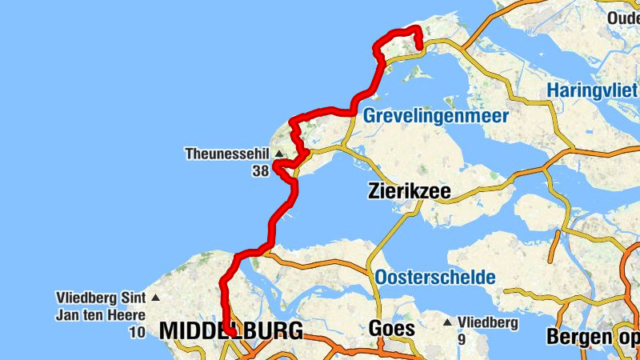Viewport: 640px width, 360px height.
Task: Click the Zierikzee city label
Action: click(x=409, y=192)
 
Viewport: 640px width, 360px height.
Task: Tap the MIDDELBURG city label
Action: click(x=231, y=330)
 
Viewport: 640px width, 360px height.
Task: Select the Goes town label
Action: click(x=392, y=329)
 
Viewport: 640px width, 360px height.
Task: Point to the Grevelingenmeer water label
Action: click(x=436, y=117)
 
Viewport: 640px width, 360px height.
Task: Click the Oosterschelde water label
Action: click(x=435, y=278)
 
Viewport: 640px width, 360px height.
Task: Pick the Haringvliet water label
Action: click(x=592, y=90)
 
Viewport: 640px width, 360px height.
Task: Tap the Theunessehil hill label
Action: click(x=228, y=154)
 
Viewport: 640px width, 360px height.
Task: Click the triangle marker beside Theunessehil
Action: click(x=279, y=154)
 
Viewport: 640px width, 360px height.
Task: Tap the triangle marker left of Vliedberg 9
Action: click(x=447, y=322)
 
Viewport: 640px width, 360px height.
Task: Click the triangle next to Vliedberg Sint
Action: click(x=155, y=298)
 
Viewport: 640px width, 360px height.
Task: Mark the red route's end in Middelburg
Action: click(x=230, y=330)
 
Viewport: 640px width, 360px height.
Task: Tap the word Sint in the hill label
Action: click(x=133, y=298)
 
